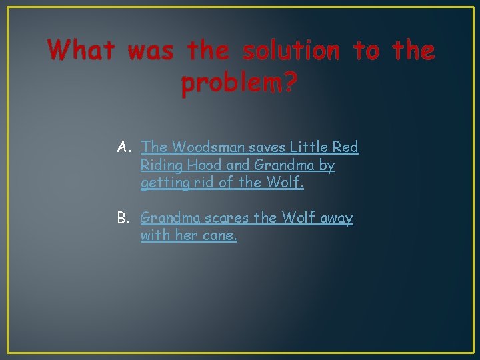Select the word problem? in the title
coord(239,84)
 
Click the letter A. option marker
coord(124,147)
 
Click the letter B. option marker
coord(124,218)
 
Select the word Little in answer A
coord(308,147)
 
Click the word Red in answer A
coord(346,147)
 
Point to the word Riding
coord(162,165)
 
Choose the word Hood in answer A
coord(207,165)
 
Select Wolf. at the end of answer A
coord(285,183)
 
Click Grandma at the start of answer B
coord(169,218)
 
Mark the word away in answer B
coord(336,218)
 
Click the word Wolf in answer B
coord(299,218)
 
